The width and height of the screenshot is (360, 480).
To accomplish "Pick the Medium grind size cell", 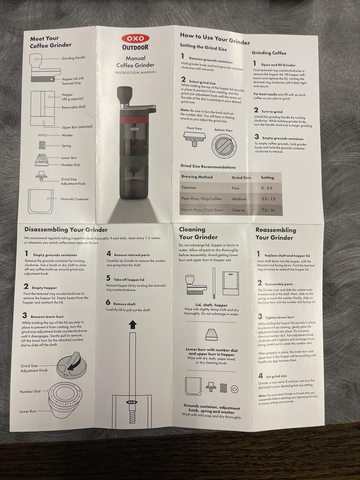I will tap(239, 199).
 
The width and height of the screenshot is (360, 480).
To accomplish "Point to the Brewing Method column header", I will tap(197, 177).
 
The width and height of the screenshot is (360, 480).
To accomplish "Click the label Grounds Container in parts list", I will tap(74, 198).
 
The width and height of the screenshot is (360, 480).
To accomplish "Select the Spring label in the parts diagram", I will tap(66, 145).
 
